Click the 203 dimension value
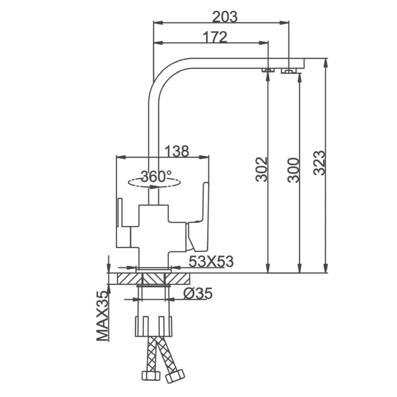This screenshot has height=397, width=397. click(225, 17)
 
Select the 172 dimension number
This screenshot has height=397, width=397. click(215, 37)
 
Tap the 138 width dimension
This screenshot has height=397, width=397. click(176, 151)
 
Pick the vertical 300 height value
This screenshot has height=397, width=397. click(293, 170)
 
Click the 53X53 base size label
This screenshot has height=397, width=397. click(211, 261)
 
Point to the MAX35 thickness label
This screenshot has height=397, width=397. click(103, 316)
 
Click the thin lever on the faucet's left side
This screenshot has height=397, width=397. click(119, 213)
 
